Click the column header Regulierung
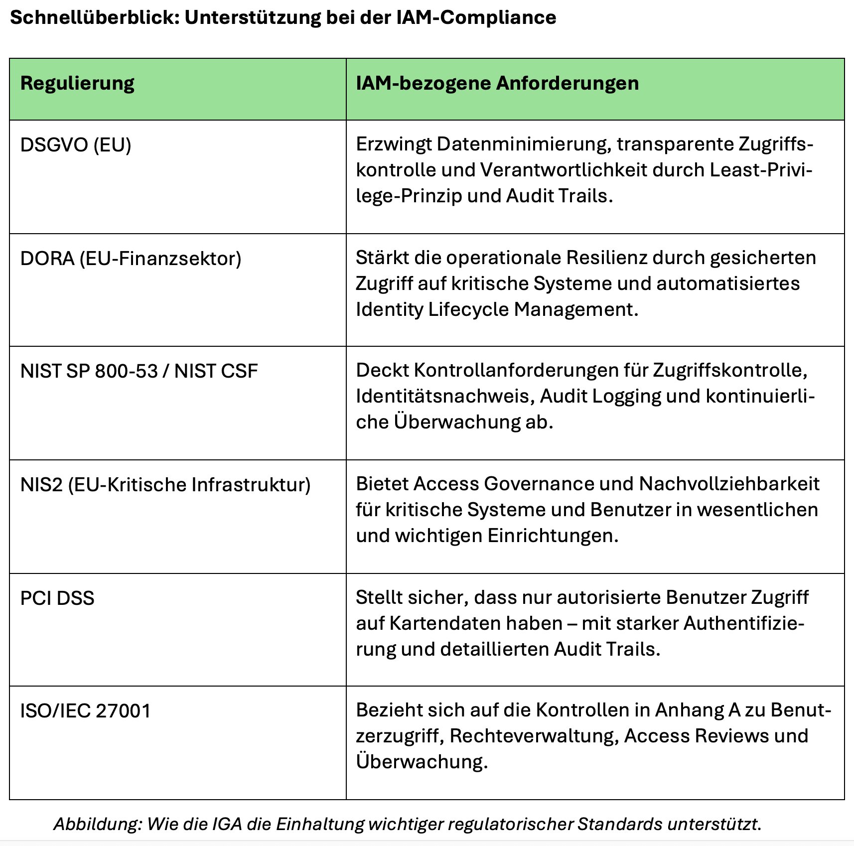click(77, 83)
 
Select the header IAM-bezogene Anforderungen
click(497, 83)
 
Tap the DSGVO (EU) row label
click(76, 145)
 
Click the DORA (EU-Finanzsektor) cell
click(131, 259)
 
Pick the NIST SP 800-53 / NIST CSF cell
click(139, 371)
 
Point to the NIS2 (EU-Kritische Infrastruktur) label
click(165, 485)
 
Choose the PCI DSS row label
click(57, 598)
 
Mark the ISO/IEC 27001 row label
click(86, 711)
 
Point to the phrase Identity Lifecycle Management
click(497, 309)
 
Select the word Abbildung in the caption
click(96, 824)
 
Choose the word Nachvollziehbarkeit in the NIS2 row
click(729, 484)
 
